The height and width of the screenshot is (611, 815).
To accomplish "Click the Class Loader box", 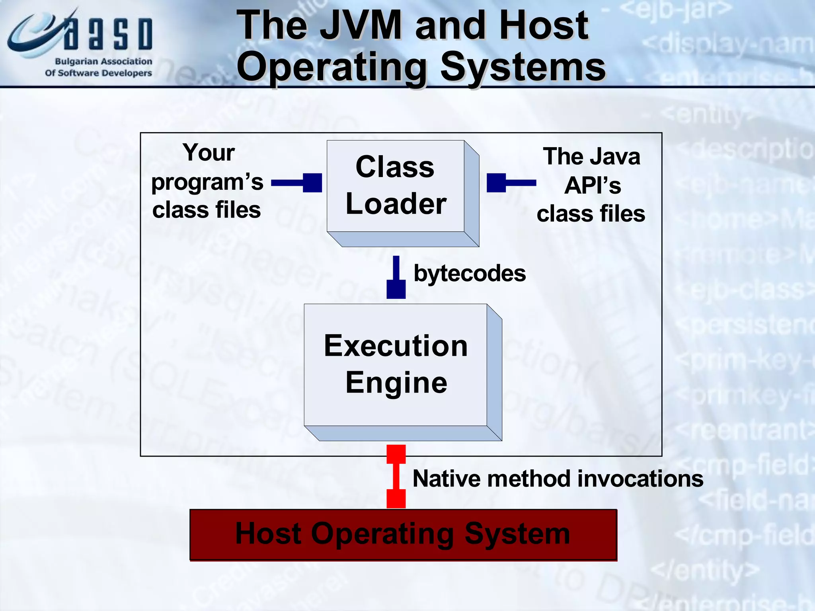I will pos(395,186).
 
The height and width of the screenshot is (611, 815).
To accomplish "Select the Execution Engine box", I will pos(395,365).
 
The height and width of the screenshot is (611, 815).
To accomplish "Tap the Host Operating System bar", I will pos(403,534).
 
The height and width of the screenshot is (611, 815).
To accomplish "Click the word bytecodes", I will pos(470,274).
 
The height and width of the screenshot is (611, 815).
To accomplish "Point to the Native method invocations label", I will pos(557,479).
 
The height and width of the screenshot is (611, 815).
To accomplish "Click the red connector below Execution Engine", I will pos(396,476).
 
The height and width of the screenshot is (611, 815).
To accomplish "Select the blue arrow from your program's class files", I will pos(297,183).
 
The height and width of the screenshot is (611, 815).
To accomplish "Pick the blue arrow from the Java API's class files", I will pos(511,183).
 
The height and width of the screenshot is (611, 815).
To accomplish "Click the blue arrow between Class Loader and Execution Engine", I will pos(396,278).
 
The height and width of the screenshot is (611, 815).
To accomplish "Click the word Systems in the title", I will pos(523,67).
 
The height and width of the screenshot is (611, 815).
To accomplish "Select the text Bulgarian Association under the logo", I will pos(103,62).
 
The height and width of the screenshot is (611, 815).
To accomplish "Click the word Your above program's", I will pos(209,153).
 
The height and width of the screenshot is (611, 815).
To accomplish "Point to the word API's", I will pos(592,185).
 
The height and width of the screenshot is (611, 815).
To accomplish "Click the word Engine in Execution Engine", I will pos(396,383).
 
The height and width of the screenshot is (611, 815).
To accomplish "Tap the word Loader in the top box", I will pos(396,204).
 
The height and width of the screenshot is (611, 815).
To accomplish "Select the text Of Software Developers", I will pos(98,73).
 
